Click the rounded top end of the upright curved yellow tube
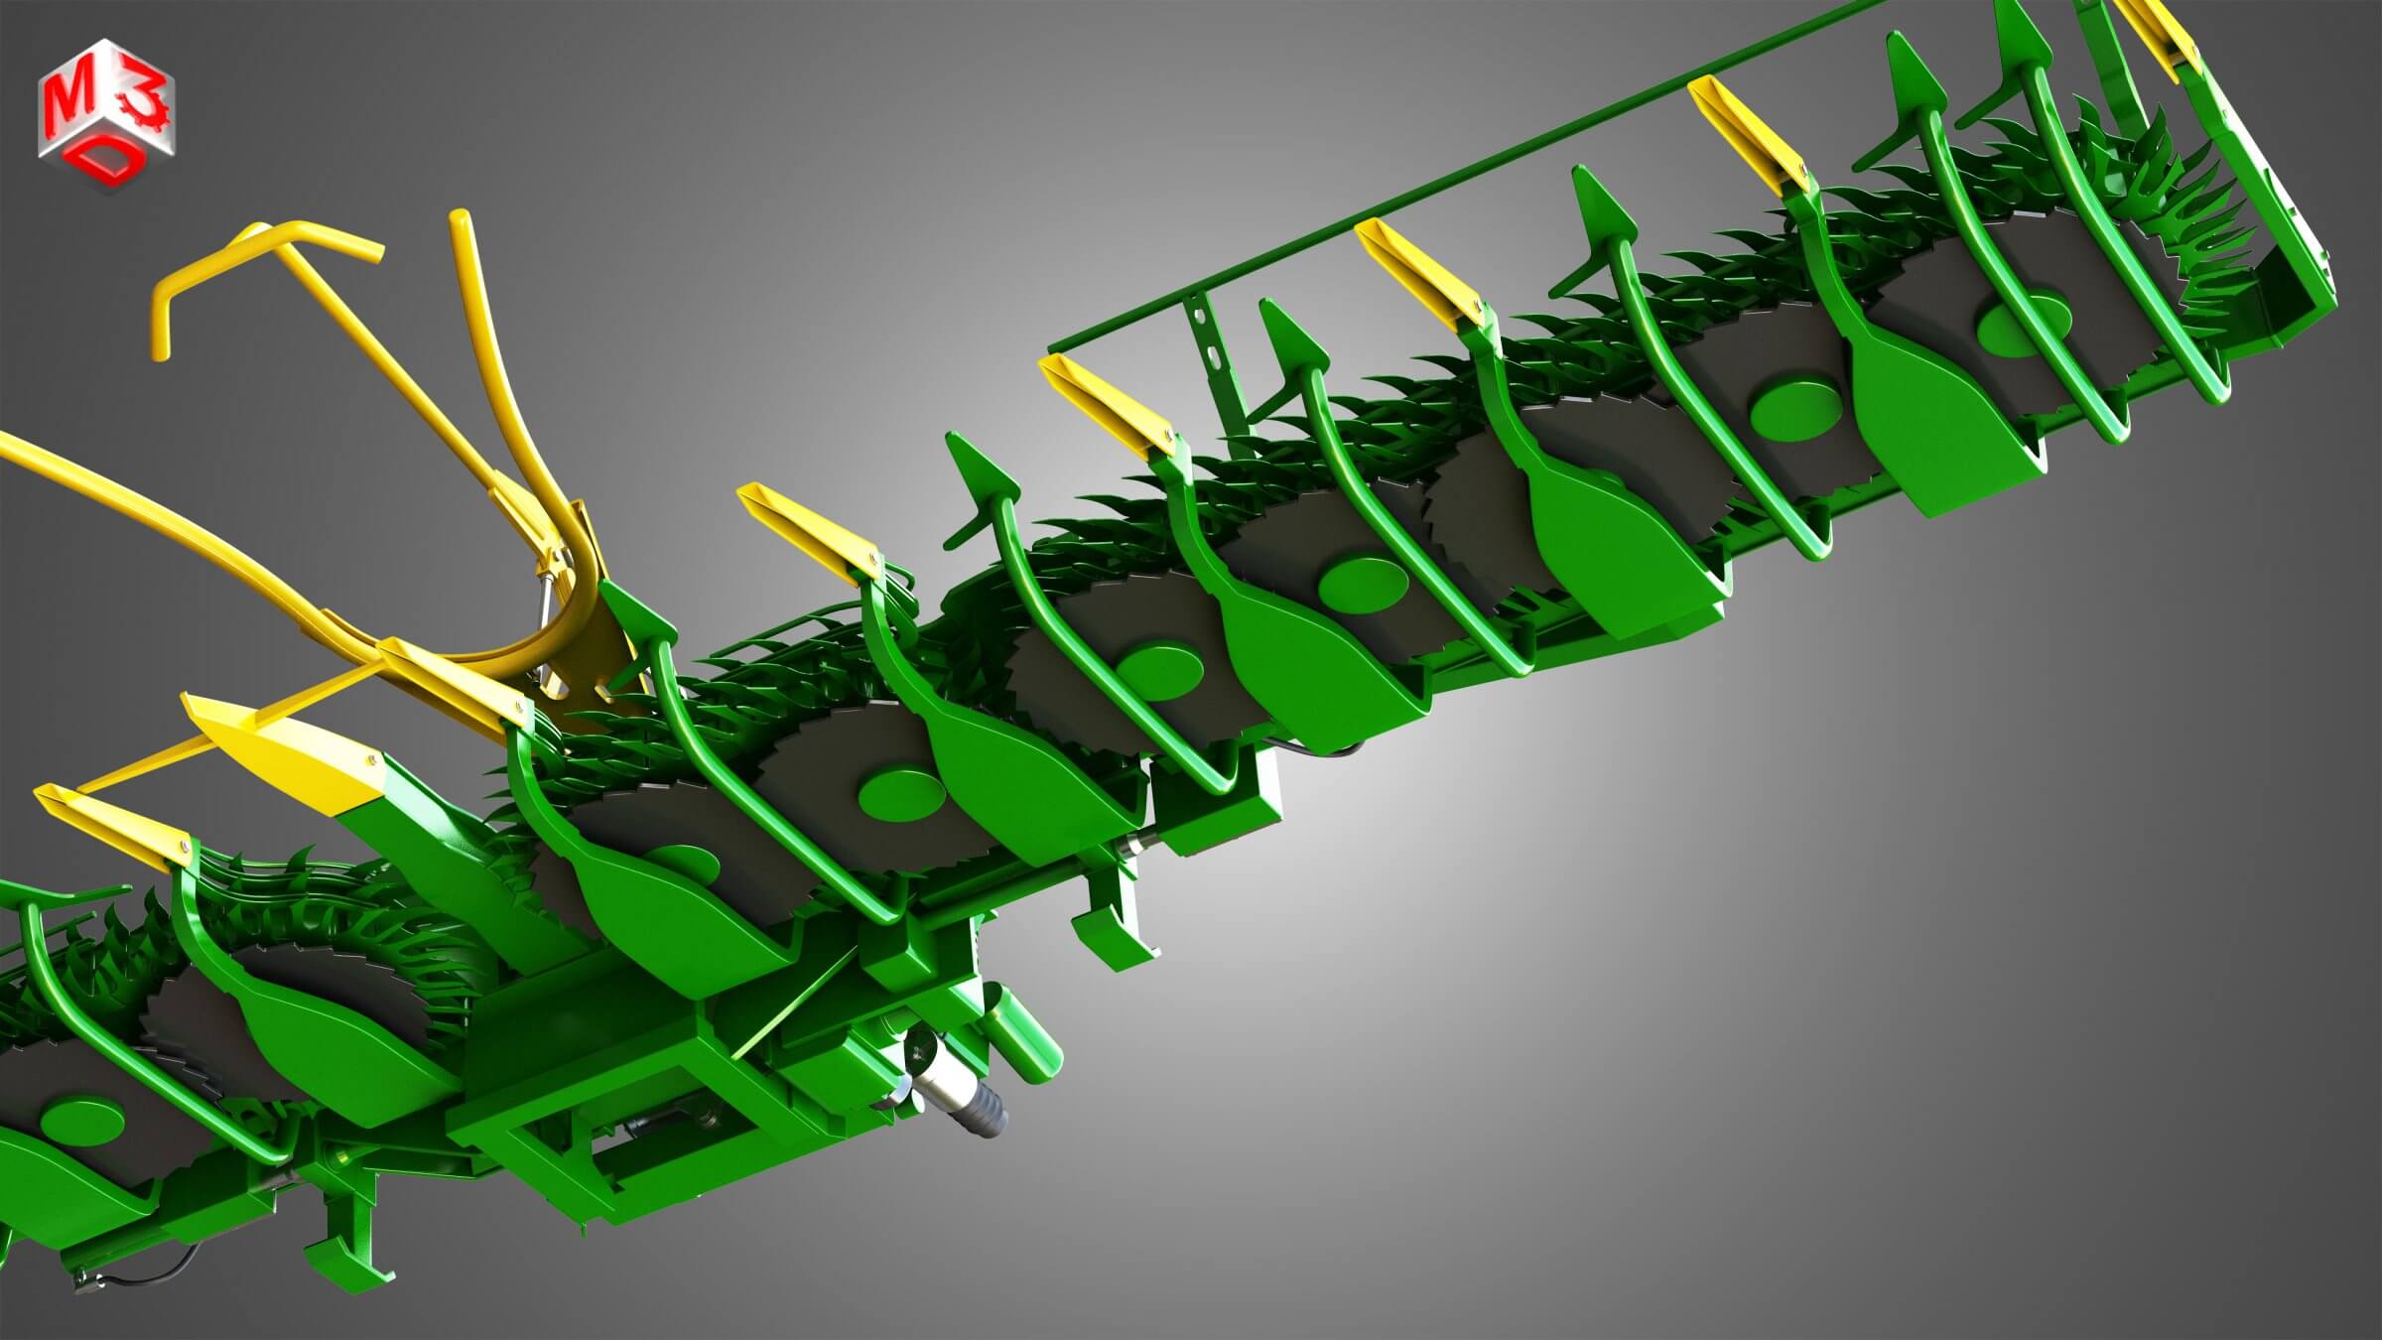pos(459,220)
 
